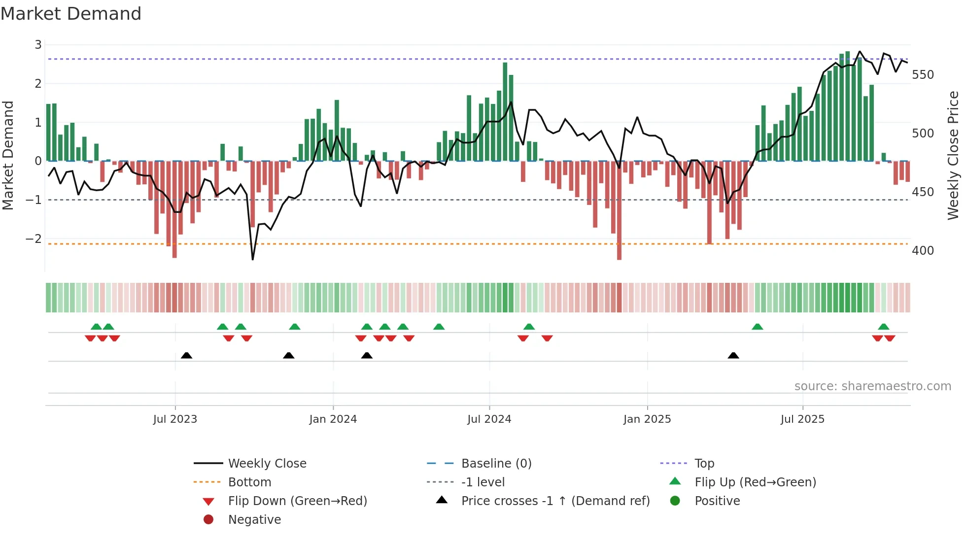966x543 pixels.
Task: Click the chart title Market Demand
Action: tap(71, 14)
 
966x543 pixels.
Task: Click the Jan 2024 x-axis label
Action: tap(333, 419)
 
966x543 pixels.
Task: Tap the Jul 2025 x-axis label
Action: tap(802, 419)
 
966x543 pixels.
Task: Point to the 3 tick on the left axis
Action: tap(38, 45)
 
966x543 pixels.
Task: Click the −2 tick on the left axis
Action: tap(34, 238)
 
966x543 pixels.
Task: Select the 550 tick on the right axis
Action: tap(923, 75)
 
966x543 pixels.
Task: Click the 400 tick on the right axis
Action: tap(923, 251)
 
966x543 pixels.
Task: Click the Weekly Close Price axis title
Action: tap(953, 155)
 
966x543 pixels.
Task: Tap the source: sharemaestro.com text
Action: tap(872, 386)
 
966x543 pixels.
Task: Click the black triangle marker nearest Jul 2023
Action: tap(186, 355)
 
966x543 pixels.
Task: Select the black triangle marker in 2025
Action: tap(733, 355)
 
